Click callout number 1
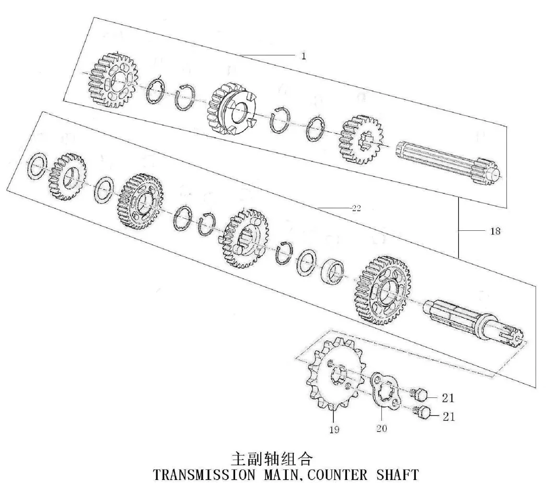[x=304, y=56]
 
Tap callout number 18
[x=495, y=231]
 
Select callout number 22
[x=356, y=208]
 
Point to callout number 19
[x=334, y=429]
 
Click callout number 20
[x=381, y=428]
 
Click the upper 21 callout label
[x=448, y=397]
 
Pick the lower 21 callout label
[x=448, y=416]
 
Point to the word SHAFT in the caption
[x=397, y=475]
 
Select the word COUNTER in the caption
[x=338, y=475]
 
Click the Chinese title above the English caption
[x=272, y=459]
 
